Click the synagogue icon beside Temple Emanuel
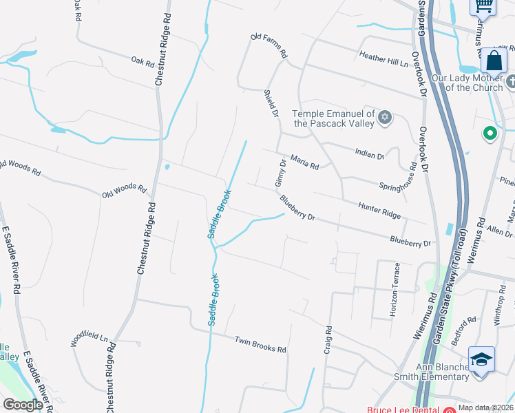(x=385, y=118)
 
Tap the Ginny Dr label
(x=280, y=173)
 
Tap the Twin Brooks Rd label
(x=260, y=344)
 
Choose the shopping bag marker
(x=494, y=61)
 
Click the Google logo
(x=23, y=405)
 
